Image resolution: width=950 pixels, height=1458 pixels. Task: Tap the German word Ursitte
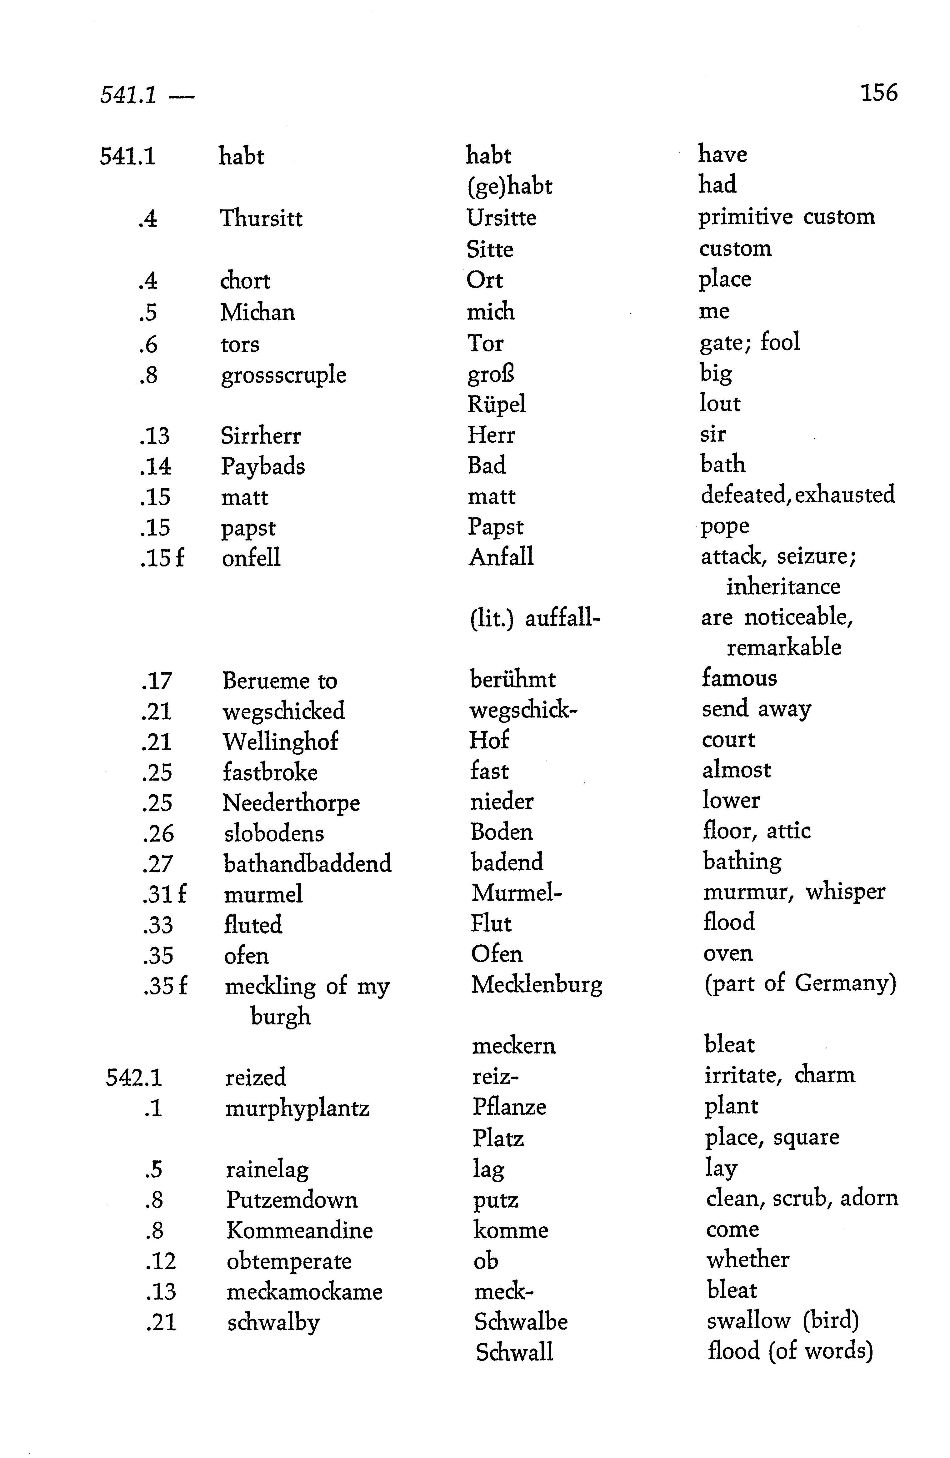tap(501, 218)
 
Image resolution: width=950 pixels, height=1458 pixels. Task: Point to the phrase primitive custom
tap(787, 217)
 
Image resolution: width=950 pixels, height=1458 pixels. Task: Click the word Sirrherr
tap(261, 435)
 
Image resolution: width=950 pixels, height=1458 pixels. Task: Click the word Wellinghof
tap(280, 741)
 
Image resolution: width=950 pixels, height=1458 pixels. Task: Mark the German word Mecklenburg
tap(537, 984)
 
